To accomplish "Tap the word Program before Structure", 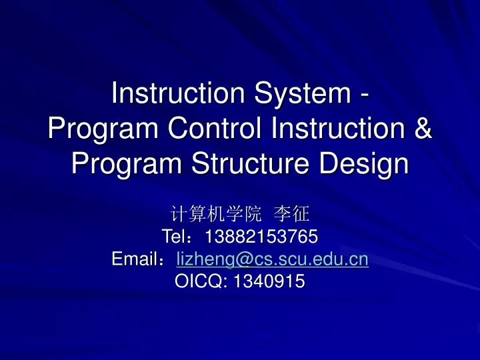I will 121,163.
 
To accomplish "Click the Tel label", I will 175,237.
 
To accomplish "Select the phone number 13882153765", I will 261,237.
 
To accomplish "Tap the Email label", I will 135,259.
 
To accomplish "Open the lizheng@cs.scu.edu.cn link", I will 272,259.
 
